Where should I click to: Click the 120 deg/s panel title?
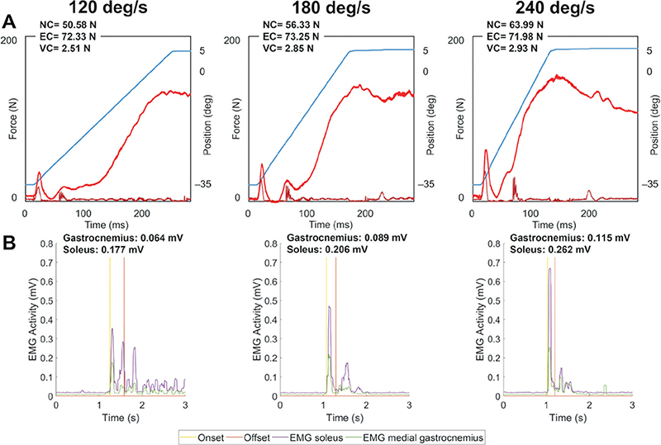pyautogui.click(x=107, y=7)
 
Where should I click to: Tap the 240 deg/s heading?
pyautogui.click(x=554, y=7)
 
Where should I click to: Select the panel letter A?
pyautogui.click(x=9, y=22)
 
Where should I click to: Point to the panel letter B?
pyautogui.click(x=9, y=243)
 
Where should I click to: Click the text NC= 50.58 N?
pyautogui.click(x=68, y=25)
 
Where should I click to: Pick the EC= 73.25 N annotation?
pyautogui.click(x=291, y=36)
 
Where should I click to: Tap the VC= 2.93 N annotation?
pyautogui.click(x=511, y=48)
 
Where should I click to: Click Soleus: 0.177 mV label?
pyautogui.click(x=103, y=249)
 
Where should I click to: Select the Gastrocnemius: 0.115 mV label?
pyautogui.click(x=570, y=238)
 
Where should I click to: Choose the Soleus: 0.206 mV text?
pyautogui.click(x=327, y=249)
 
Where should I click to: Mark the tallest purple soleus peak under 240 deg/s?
pyautogui.click(x=549, y=268)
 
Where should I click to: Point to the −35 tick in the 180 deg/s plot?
pyautogui.click(x=426, y=184)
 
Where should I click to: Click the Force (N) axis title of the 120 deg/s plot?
pyautogui.click(x=12, y=120)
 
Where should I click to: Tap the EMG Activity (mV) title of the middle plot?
pyautogui.click(x=257, y=320)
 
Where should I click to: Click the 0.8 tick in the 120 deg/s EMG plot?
pyautogui.click(x=46, y=244)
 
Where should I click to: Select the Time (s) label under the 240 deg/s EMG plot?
pyautogui.click(x=568, y=418)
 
